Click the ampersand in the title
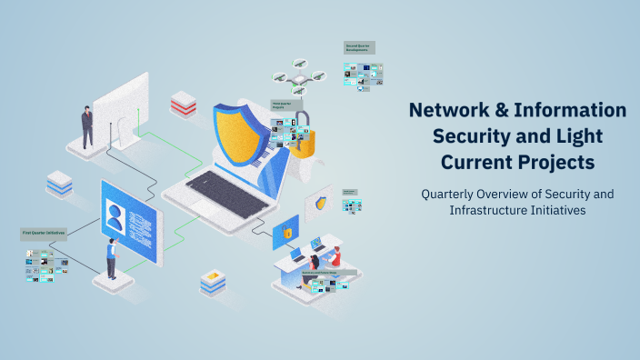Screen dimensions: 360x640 pyautogui.click(x=509, y=111)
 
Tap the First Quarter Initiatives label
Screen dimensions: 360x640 pyautogui.click(x=44, y=234)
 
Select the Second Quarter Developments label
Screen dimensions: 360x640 pyautogui.click(x=358, y=47)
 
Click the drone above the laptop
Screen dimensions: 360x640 pyautogui.click(x=297, y=79)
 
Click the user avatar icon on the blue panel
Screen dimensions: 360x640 pyautogui.click(x=115, y=218)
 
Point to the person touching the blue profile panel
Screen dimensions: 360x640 pyautogui.click(x=111, y=258)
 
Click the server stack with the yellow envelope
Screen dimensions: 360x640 pyautogui.click(x=213, y=282)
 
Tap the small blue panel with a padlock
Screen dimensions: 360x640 pyautogui.click(x=285, y=232)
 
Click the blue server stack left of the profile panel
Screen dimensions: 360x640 pyautogui.click(x=59, y=184)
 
